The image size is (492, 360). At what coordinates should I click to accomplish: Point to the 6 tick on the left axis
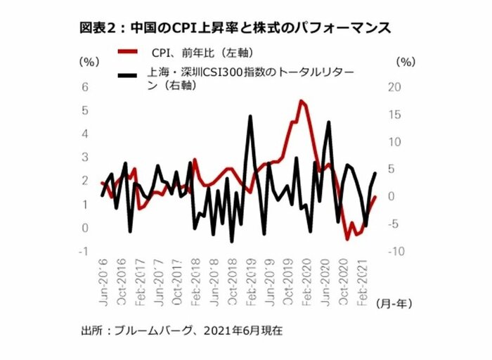(x=85, y=87)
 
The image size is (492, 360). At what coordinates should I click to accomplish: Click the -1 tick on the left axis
(x=85, y=251)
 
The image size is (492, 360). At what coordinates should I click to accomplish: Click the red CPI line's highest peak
(x=301, y=101)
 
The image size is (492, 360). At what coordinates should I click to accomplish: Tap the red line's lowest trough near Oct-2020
(x=347, y=239)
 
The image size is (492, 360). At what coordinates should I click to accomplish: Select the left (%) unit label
(x=90, y=62)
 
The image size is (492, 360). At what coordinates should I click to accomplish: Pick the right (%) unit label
(x=406, y=62)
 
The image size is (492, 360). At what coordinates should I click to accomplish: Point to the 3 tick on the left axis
(x=85, y=157)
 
